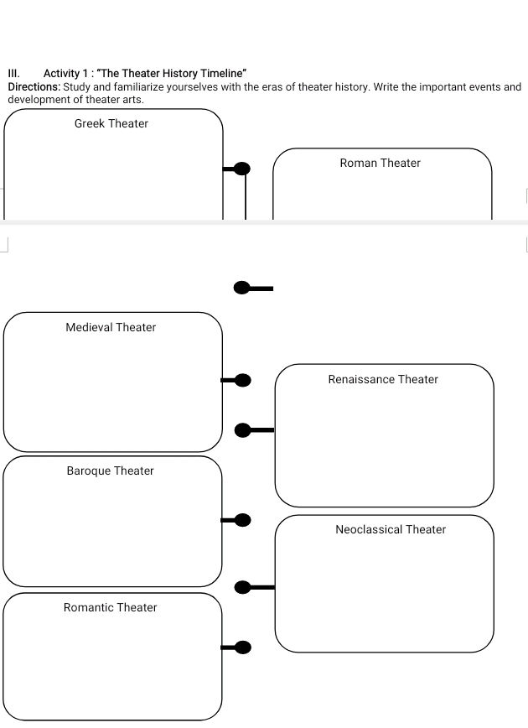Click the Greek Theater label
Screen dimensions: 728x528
click(111, 123)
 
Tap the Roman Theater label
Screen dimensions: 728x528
click(380, 163)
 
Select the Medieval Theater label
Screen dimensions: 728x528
click(111, 327)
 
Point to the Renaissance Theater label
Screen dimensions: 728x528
click(383, 379)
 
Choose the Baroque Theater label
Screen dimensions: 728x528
click(111, 471)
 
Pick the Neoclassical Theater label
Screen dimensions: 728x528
click(391, 529)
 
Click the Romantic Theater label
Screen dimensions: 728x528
click(111, 607)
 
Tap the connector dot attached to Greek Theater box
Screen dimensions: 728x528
click(242, 169)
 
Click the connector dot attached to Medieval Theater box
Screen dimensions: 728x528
click(243, 381)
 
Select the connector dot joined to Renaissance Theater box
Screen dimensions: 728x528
click(243, 430)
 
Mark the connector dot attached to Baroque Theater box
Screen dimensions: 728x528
click(243, 520)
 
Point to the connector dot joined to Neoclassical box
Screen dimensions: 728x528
click(243, 587)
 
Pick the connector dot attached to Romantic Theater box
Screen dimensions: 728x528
click(243, 647)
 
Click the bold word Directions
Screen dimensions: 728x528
click(34, 87)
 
